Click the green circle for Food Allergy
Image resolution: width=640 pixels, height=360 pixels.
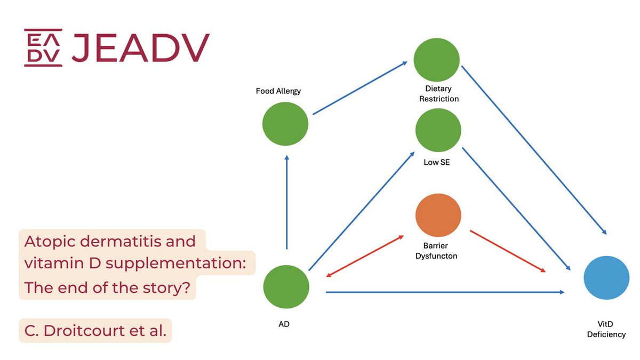point(285,124)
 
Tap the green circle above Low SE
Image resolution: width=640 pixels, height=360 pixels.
point(438,131)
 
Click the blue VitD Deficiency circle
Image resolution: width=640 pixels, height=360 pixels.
point(606,277)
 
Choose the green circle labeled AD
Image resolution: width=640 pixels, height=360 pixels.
point(286,287)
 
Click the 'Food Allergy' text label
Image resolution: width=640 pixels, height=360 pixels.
point(278,91)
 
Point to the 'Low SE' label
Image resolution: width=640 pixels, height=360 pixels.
point(437,162)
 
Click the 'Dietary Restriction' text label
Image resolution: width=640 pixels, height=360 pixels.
point(438,94)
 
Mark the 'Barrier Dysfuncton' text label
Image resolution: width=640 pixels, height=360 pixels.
point(437,251)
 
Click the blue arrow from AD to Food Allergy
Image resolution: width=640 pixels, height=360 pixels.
point(287,203)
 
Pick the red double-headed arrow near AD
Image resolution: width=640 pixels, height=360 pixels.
point(365,255)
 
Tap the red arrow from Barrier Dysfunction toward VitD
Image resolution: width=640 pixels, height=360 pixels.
point(507,251)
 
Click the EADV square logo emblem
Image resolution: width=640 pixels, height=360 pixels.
point(43,47)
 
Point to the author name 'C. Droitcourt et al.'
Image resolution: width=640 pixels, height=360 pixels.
point(95,331)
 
